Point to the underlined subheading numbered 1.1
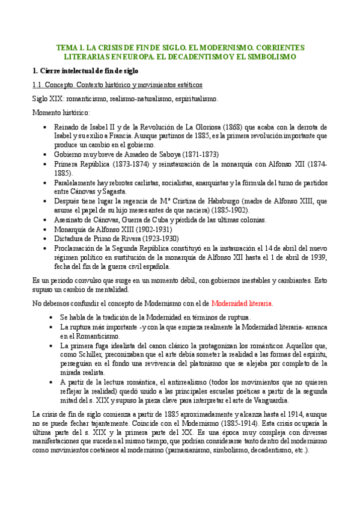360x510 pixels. click(117, 85)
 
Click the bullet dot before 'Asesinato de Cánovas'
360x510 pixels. click(47, 220)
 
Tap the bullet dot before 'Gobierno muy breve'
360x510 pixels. click(47, 155)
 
